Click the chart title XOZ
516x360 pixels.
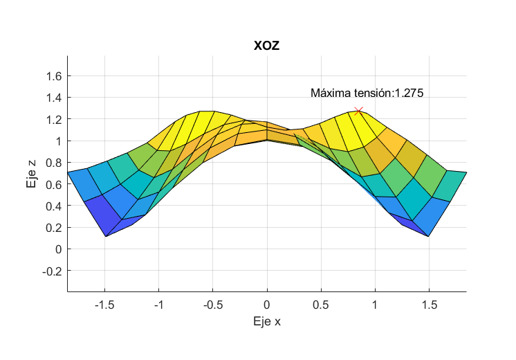pos(266,46)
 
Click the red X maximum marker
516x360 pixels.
pos(358,111)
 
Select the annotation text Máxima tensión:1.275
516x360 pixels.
pos(367,93)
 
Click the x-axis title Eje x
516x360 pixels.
pos(267,321)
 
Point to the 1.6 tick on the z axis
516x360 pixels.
pos(53,75)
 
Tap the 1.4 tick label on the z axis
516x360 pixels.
pos(53,98)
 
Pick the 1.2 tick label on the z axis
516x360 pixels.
pos(53,119)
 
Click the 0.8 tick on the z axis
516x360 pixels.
pos(53,163)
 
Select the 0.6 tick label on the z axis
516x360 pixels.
pos(53,184)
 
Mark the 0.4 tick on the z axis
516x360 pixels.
pos(53,206)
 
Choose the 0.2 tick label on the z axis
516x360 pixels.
pos(53,227)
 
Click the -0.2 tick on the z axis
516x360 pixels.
pos(51,271)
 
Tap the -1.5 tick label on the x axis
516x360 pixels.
pos(104,304)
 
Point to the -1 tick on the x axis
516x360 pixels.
pos(158,304)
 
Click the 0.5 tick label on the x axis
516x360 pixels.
pos(321,304)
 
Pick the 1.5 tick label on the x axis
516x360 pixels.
pos(429,304)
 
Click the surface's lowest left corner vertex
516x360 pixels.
pos(105,236)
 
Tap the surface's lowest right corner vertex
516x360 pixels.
pos(429,236)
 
